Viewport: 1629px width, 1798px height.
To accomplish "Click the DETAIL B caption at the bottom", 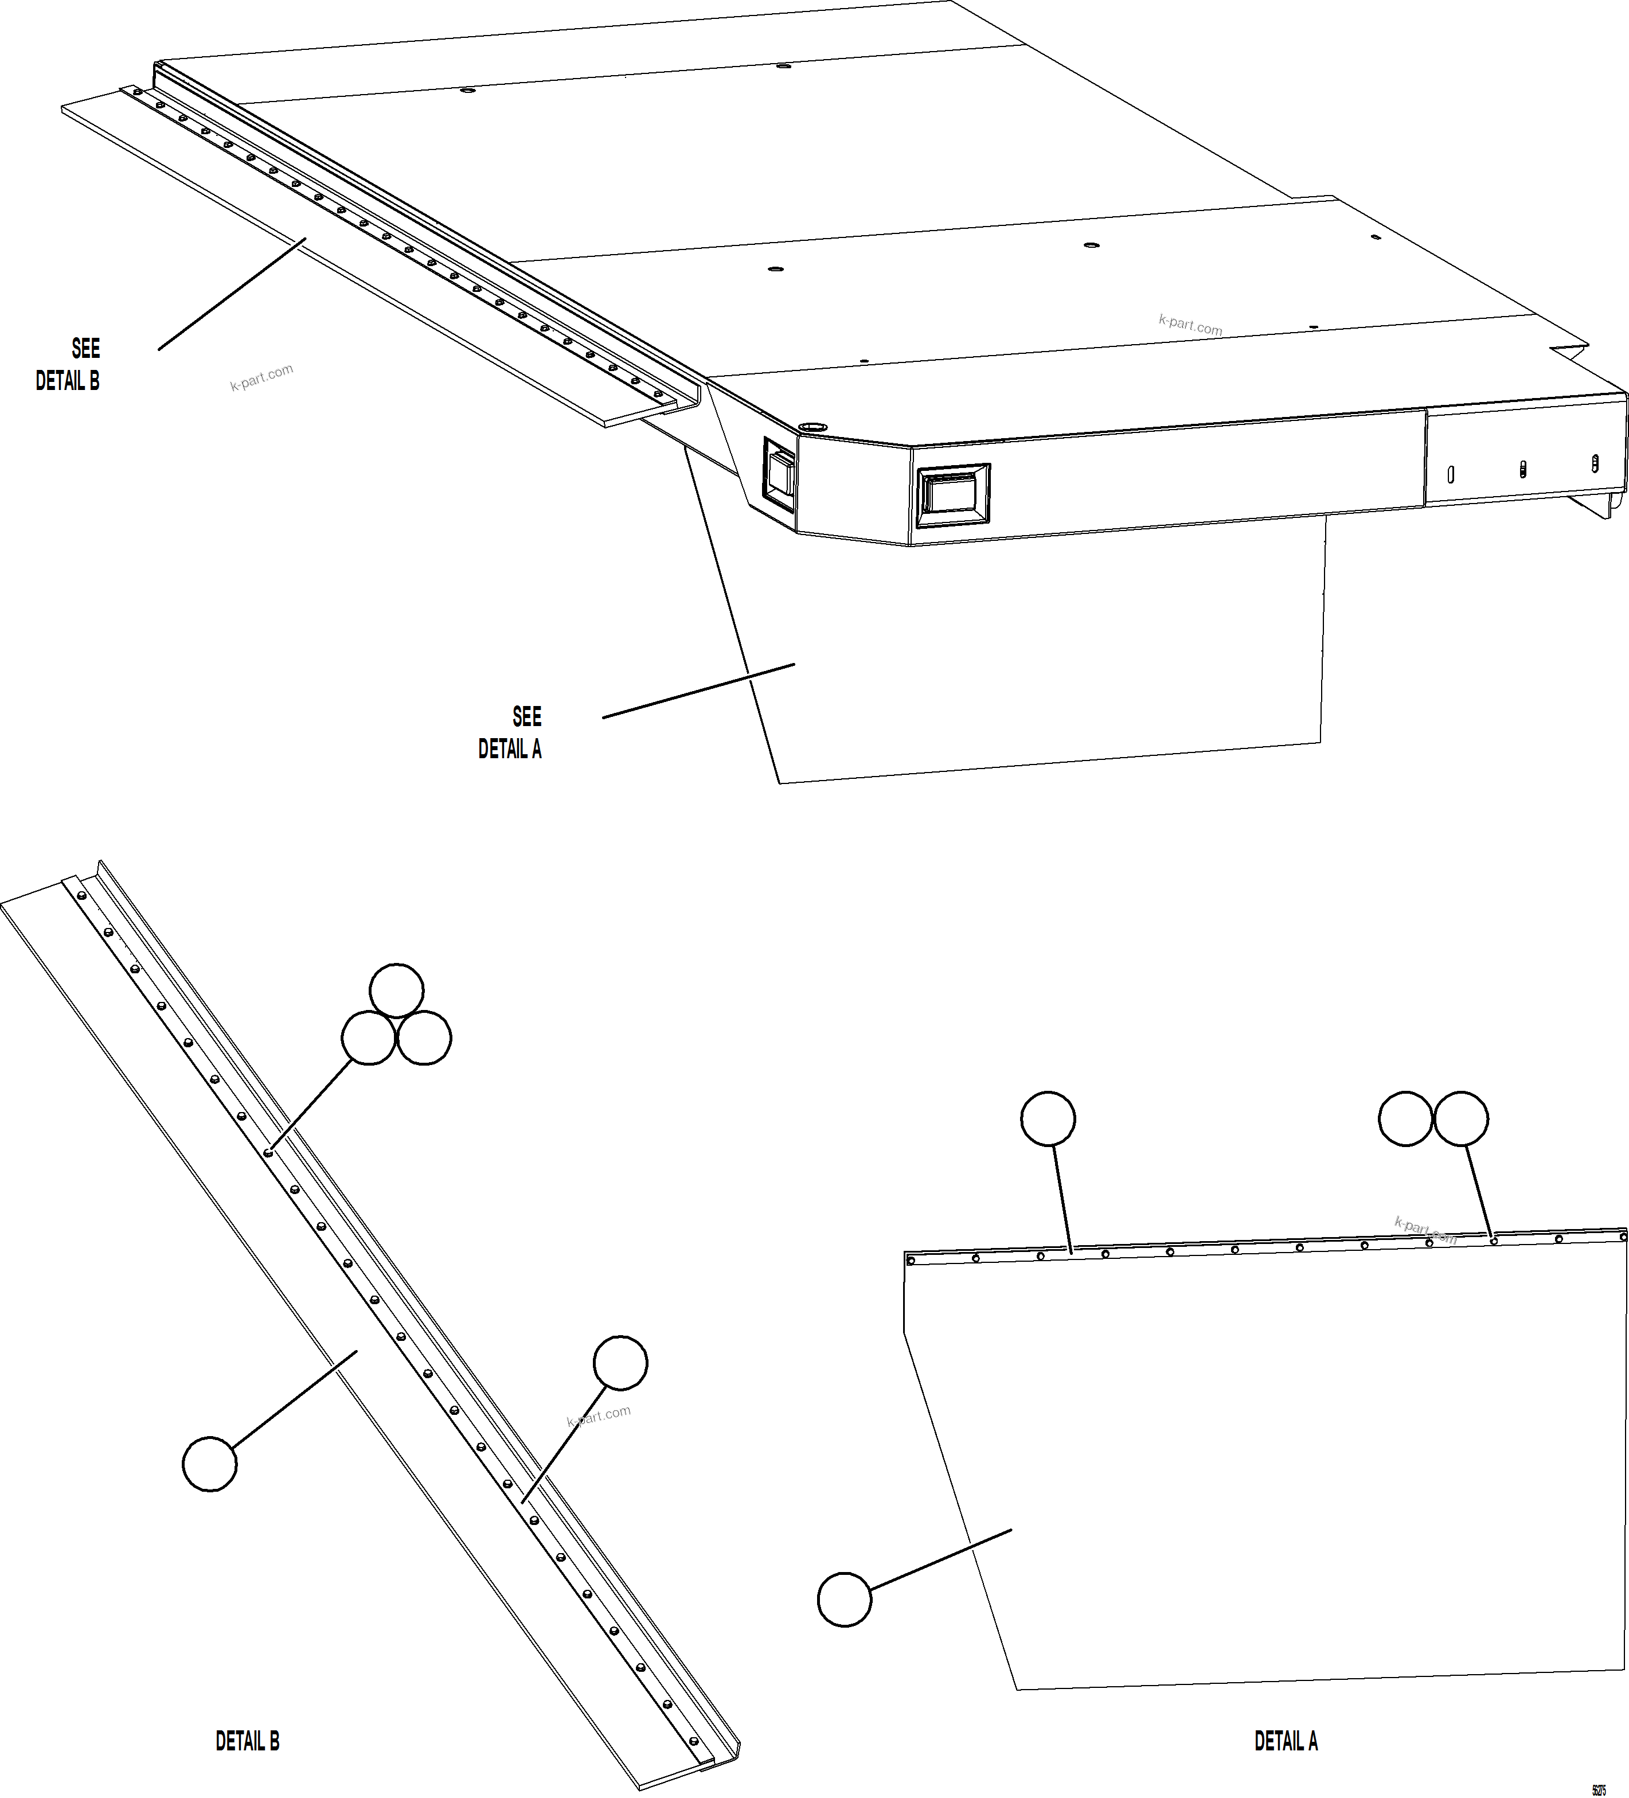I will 247,1740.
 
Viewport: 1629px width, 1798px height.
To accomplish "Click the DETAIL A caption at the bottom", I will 1285,1740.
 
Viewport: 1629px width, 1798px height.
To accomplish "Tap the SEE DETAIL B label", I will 69,364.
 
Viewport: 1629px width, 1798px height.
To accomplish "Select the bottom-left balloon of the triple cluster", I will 368,1038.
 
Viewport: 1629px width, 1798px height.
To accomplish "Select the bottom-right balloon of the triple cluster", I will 424,1038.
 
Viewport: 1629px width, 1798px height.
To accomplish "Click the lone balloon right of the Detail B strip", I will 620,1362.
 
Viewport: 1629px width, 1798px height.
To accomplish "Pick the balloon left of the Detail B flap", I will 209,1464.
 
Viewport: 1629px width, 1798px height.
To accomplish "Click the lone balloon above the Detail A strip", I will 1048,1118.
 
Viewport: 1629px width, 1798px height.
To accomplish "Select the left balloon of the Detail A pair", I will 1405,1118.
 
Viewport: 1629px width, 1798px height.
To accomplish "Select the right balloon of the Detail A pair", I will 1460,1118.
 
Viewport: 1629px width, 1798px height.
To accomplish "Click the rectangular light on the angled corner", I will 779,474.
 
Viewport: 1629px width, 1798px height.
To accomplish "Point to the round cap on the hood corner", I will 811,428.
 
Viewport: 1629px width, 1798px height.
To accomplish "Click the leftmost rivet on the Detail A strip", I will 911,1260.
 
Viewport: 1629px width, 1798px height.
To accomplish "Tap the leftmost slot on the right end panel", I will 1451,474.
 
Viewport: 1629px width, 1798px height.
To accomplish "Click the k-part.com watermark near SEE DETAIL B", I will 261,378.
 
